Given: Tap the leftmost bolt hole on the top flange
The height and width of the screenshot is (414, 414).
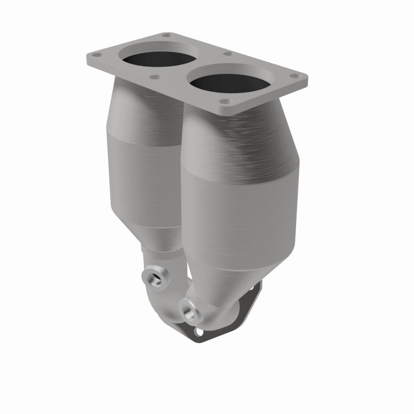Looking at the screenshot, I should point(96,55).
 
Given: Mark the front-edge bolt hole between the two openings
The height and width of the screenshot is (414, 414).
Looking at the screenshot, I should point(154,77).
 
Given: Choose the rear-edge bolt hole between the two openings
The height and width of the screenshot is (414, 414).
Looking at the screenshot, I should point(228,54).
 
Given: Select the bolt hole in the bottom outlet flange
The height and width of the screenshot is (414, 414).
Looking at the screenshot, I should point(199,331).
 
